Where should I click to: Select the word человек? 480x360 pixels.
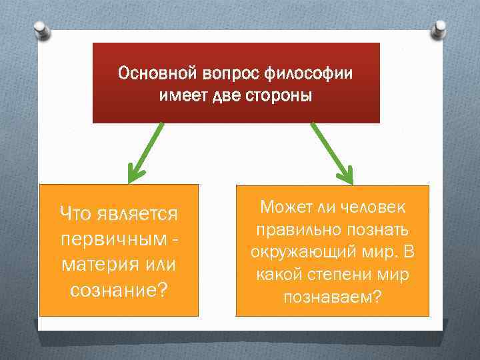(x=375, y=207)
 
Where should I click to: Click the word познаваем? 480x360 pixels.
(x=333, y=296)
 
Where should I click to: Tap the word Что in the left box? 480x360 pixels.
(x=75, y=214)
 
